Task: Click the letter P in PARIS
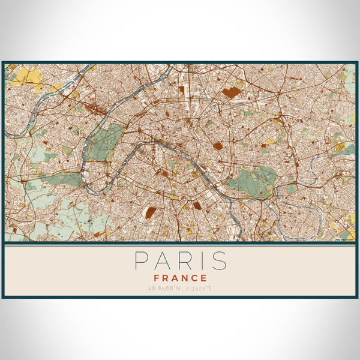tap(139, 261)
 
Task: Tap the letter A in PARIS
tap(160, 261)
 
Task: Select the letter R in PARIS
tap(182, 261)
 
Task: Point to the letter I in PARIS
tap(199, 261)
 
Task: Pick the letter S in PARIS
tap(218, 261)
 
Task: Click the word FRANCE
tap(180, 278)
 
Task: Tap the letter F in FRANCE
tap(157, 278)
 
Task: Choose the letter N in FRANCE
tap(185, 278)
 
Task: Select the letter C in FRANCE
tap(195, 278)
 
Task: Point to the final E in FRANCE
tap(204, 278)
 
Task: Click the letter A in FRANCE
tap(176, 278)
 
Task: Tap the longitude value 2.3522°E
tap(196, 289)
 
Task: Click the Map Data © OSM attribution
tap(344, 239)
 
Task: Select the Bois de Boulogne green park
tap(105, 144)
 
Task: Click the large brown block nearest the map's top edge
tap(230, 93)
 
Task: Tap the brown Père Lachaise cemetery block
tap(217, 146)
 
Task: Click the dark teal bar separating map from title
tap(180, 244)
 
